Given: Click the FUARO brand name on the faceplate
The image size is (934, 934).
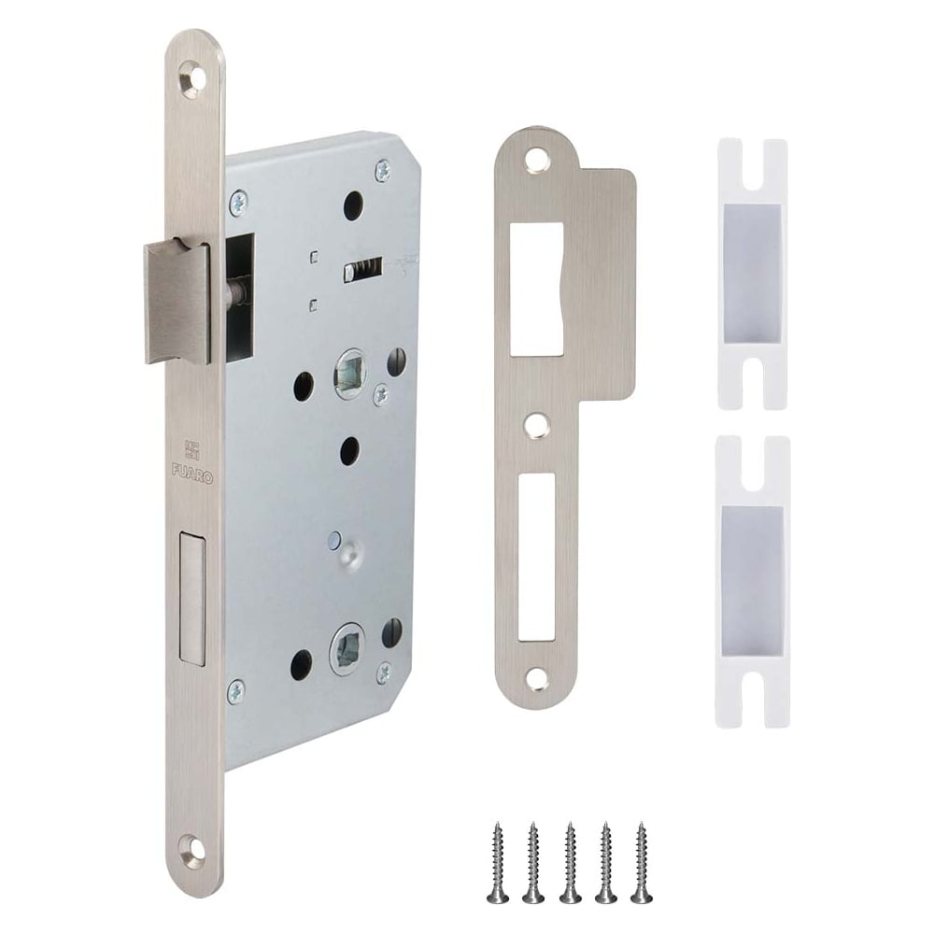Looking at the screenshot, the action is pyautogui.click(x=192, y=469).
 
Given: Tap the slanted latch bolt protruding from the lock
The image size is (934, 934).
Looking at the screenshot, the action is pyautogui.click(x=177, y=302).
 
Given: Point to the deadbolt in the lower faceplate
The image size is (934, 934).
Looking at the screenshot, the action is pyautogui.click(x=191, y=600).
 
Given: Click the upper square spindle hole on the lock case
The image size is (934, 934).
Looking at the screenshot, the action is pyautogui.click(x=350, y=374).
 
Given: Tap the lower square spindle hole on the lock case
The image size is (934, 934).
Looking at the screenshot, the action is pyautogui.click(x=347, y=649).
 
